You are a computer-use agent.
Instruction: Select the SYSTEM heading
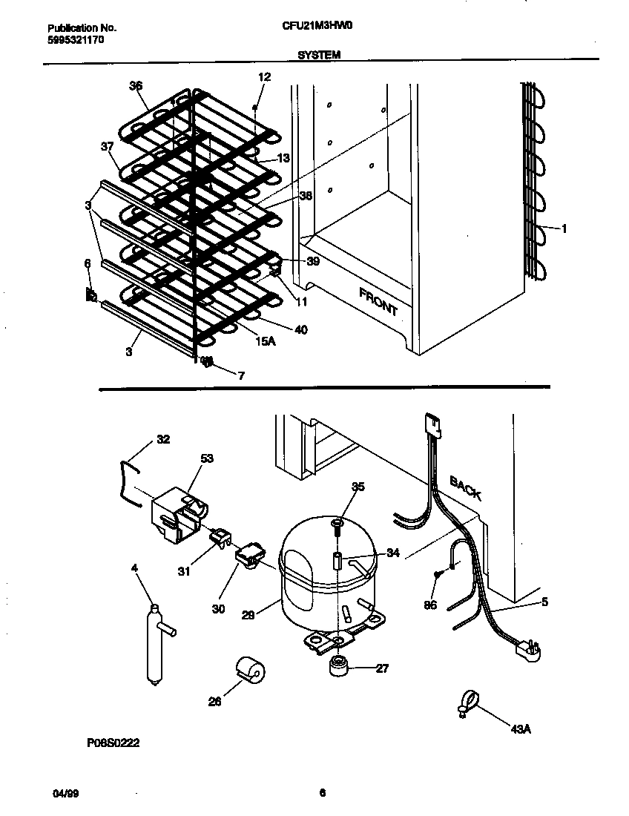coord(319,54)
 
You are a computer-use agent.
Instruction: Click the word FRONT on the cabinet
coord(378,301)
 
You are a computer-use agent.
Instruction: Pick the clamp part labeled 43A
coord(464,703)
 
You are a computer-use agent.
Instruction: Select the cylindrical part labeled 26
coord(250,671)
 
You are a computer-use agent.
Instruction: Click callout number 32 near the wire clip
coord(163,439)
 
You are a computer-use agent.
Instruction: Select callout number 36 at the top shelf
coord(135,85)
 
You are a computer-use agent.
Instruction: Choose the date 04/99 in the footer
coord(65,793)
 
